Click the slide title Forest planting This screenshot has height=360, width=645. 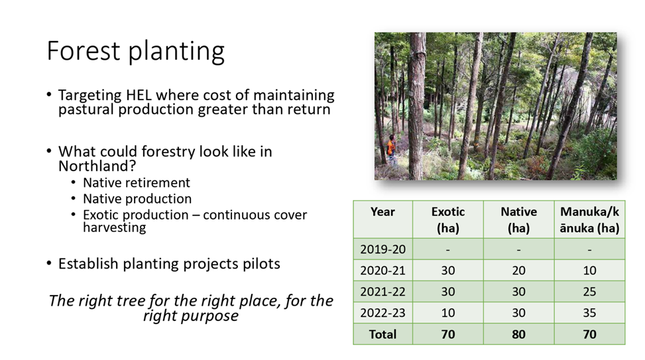[136, 51]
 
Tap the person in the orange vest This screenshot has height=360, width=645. [391, 150]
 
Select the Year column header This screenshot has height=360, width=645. [382, 211]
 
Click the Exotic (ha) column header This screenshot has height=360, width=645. [448, 219]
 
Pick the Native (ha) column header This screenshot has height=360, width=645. [518, 219]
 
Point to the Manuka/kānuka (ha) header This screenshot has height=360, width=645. [589, 219]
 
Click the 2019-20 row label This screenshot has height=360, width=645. [382, 249]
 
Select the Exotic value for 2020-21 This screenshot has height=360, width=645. [448, 270]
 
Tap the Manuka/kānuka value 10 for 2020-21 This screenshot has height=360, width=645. [589, 270]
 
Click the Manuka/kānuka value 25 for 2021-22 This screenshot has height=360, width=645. [589, 292]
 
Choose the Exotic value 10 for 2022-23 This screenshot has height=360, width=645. [448, 313]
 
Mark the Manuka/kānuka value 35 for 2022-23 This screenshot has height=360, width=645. [589, 313]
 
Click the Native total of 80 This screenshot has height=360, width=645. [518, 334]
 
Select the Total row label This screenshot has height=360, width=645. [382, 334]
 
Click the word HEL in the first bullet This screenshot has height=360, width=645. [139, 95]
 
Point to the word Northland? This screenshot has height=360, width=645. [97, 166]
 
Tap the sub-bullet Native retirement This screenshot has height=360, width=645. [137, 182]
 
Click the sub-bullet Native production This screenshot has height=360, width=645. [137, 199]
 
